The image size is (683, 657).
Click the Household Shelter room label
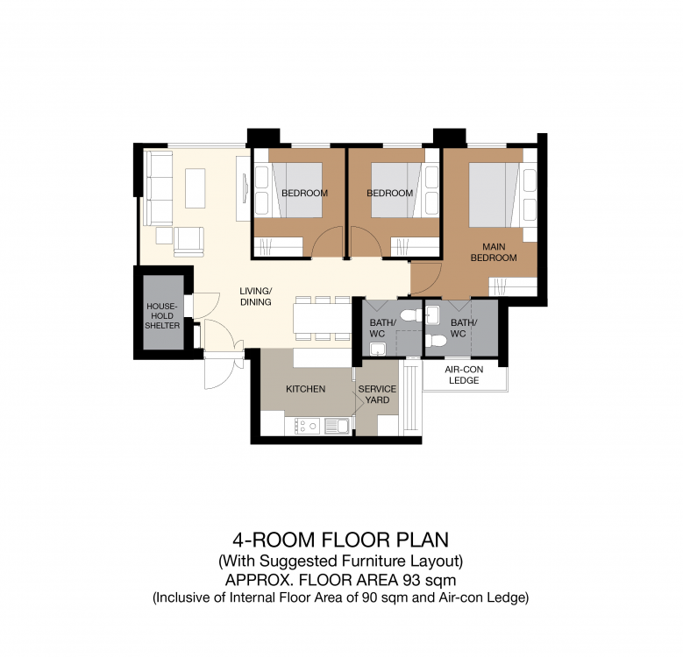point(162,316)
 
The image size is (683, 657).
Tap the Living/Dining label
point(256,296)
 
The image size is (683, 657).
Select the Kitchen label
point(305,389)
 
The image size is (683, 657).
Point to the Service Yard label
point(377,394)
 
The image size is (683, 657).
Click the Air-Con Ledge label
point(464,375)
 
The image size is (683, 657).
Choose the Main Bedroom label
point(494,252)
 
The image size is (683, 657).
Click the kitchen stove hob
point(307,426)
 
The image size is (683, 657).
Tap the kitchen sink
point(337,426)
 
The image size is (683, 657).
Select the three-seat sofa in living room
point(158,188)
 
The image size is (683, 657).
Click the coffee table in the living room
point(196,188)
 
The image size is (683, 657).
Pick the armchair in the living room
point(189,242)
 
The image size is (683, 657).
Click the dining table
point(323,318)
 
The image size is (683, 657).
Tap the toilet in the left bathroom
point(411,315)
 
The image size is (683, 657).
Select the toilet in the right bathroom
point(436,340)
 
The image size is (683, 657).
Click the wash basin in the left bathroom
point(378,349)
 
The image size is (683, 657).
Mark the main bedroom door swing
point(427,279)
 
